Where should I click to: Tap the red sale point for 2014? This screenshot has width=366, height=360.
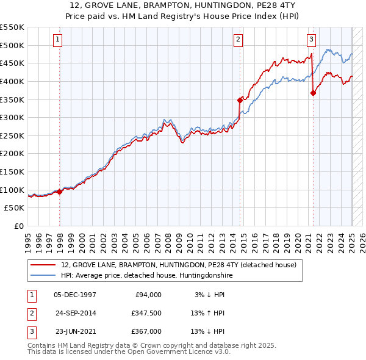tap(240, 99)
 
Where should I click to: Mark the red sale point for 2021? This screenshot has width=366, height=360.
tap(313, 93)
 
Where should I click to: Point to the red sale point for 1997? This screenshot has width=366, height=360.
tap(60, 192)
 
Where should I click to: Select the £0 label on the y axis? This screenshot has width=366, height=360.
tap(18, 226)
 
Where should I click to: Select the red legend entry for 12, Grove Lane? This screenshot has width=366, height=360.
tap(178, 265)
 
